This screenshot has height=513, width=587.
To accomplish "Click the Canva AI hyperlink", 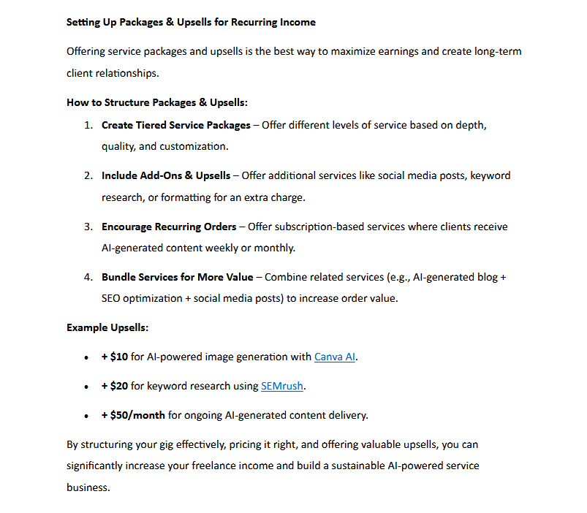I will (x=335, y=357).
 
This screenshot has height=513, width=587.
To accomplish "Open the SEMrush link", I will (x=281, y=386).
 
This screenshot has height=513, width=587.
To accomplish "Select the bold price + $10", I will (x=115, y=357).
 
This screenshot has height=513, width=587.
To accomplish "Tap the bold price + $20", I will (x=115, y=386).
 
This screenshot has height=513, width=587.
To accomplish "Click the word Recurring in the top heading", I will (x=254, y=22).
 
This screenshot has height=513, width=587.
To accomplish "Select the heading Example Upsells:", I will (x=107, y=327).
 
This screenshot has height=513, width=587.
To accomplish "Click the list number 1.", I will (x=87, y=125).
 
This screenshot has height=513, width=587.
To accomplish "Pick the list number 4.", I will (x=87, y=277).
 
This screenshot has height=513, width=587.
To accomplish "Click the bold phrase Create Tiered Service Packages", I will (x=175, y=125).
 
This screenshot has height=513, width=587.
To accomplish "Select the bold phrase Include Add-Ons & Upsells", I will (x=166, y=175).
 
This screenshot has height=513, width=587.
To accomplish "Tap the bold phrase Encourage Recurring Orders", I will (x=169, y=227).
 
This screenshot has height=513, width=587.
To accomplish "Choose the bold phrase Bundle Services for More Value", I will (x=178, y=277).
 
